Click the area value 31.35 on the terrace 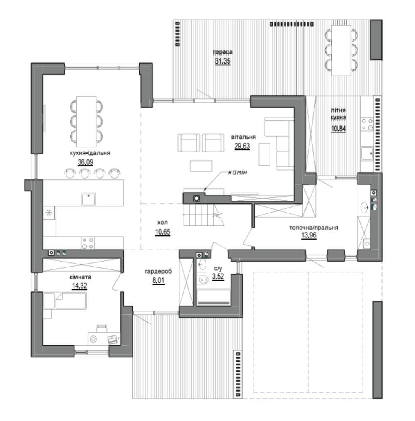click(222, 61)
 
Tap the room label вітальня click(243, 137)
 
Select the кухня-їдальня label click(90, 153)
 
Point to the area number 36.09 click(86, 162)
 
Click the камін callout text click(238, 172)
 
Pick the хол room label click(162, 222)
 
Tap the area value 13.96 click(309, 235)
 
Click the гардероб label click(158, 272)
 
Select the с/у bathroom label click(218, 268)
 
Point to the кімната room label click(80, 277)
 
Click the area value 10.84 click(338, 129)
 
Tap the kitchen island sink click(88, 199)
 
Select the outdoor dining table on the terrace click(341, 51)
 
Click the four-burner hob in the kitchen click(88, 243)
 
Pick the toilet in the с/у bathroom click(203, 280)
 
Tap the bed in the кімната click(65, 301)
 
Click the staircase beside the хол click(204, 215)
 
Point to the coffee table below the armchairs click(201, 166)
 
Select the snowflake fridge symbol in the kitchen click(49, 213)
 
